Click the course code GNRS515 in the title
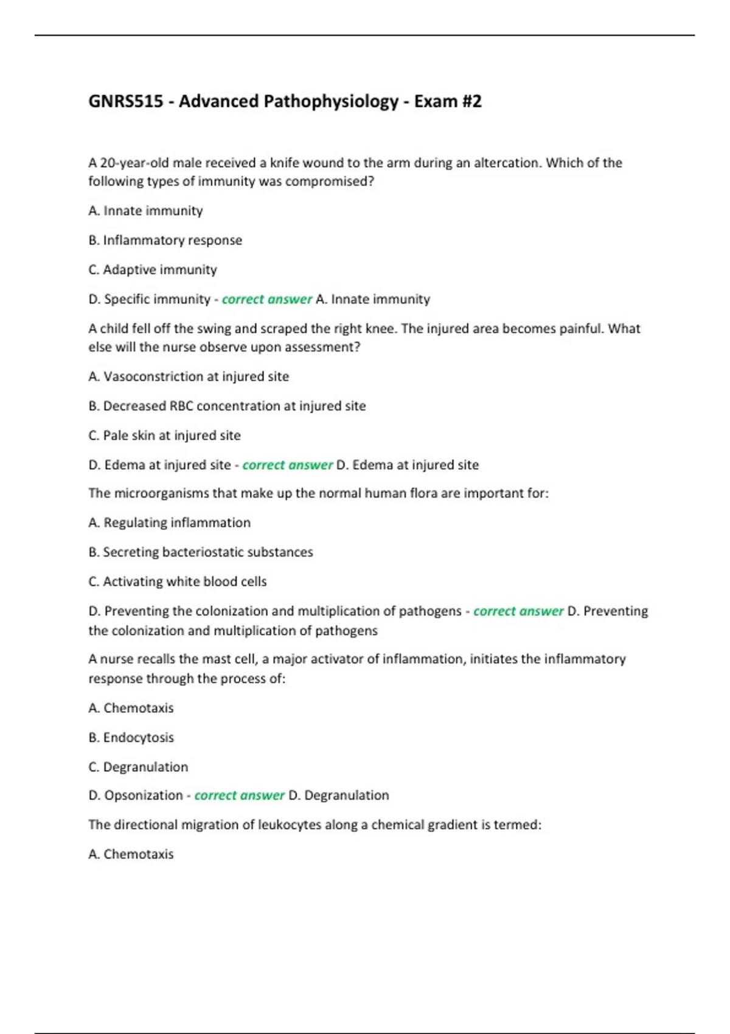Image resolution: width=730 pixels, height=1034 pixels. (126, 101)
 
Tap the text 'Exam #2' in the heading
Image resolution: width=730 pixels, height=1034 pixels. (448, 101)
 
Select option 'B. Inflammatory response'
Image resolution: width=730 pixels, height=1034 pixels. (165, 240)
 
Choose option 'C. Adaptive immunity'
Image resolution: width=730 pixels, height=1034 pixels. (153, 269)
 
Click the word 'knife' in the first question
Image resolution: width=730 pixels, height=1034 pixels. (284, 163)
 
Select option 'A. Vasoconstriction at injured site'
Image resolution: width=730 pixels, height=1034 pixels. (189, 376)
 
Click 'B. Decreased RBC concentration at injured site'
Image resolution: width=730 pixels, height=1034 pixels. (227, 406)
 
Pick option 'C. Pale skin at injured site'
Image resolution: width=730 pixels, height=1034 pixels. (164, 435)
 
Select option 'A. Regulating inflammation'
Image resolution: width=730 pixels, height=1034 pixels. (169, 522)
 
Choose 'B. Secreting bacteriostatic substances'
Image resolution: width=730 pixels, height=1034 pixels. (201, 552)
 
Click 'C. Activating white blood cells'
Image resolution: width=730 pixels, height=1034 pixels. (178, 581)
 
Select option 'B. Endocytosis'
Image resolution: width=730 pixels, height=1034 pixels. (131, 737)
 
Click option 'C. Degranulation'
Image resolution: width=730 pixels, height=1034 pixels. (138, 767)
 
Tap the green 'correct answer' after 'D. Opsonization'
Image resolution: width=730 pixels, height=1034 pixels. (239, 796)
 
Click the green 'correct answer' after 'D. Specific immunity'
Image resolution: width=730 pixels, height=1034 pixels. (266, 299)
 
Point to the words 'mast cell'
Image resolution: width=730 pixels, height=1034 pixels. (229, 659)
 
